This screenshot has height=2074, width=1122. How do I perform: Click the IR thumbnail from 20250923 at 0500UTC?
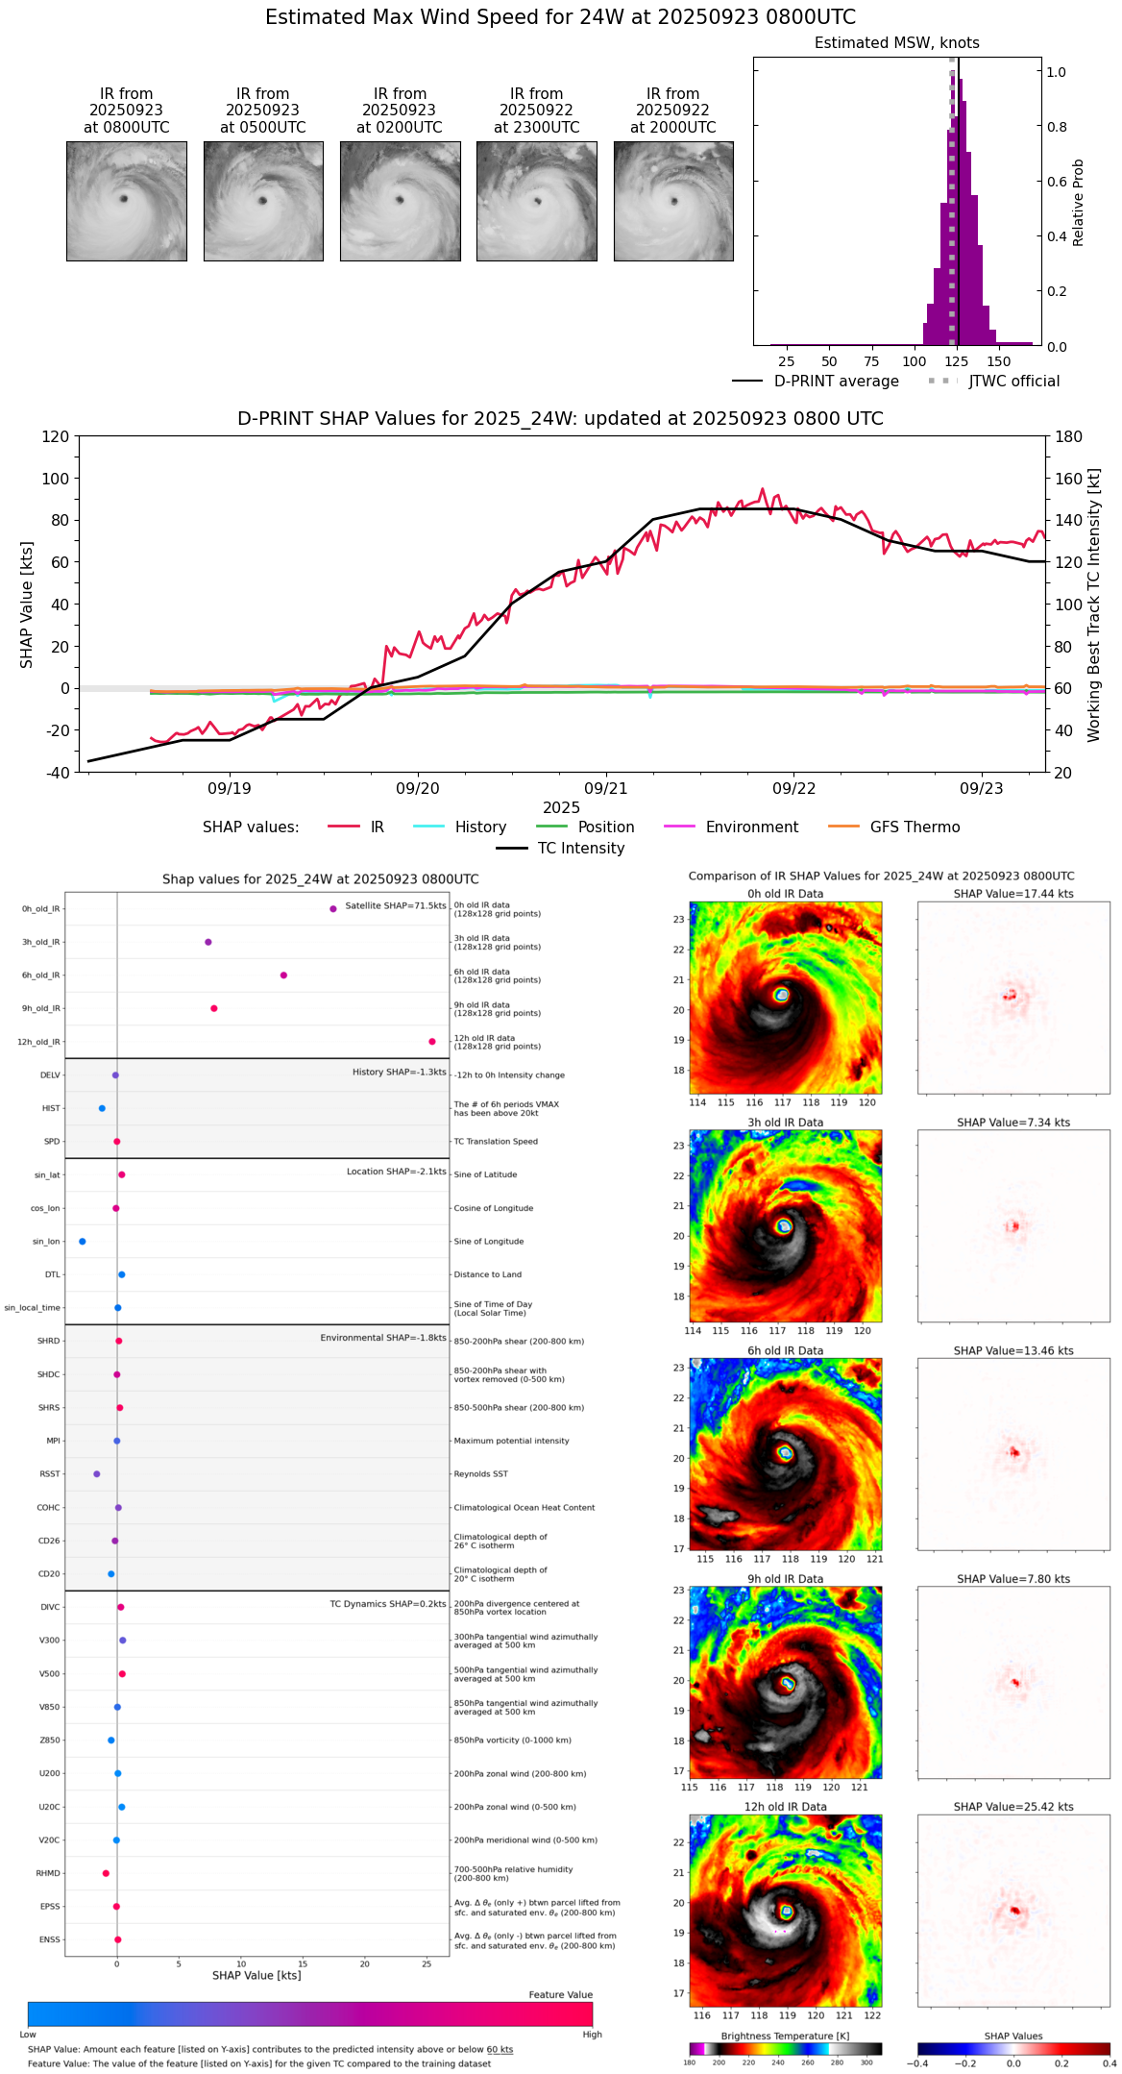click(263, 201)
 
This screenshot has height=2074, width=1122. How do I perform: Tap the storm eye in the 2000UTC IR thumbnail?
click(674, 201)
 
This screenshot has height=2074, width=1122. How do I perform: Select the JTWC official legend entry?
click(1013, 382)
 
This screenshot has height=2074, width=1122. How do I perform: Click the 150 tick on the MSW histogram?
click(999, 362)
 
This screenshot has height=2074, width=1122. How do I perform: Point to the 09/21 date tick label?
click(606, 788)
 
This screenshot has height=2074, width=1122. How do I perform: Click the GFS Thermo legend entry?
click(915, 827)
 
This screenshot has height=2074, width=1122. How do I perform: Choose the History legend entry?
click(480, 827)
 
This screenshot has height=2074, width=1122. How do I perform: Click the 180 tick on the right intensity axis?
click(1068, 437)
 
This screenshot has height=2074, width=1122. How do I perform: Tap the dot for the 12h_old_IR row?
click(432, 1042)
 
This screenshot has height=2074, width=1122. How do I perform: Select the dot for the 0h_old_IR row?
click(333, 908)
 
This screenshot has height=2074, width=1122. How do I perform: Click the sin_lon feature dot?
click(83, 1242)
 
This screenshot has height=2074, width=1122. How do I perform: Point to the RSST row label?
click(50, 1474)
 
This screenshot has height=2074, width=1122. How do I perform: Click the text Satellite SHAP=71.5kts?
click(396, 905)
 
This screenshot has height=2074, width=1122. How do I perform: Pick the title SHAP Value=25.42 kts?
click(1013, 1807)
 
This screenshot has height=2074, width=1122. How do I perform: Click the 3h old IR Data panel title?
click(785, 1123)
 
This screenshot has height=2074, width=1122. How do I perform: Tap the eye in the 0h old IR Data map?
click(782, 995)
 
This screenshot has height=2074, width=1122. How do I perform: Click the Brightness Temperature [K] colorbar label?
click(785, 2036)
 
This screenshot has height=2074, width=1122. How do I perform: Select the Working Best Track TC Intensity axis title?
click(1094, 605)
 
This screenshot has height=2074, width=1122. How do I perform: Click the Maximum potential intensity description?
click(511, 1441)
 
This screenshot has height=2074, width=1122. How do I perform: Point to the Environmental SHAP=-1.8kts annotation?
click(383, 1338)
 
